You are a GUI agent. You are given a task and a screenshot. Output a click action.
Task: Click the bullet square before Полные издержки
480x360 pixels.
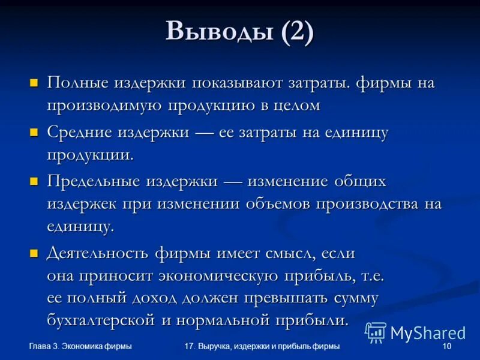34,83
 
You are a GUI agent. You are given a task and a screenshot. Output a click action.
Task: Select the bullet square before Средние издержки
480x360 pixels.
34,132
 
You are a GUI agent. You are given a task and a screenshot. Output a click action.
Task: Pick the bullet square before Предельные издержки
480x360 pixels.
34,181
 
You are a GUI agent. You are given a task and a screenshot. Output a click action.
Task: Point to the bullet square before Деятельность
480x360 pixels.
34,253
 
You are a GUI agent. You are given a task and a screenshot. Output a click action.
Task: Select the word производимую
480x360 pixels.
104,105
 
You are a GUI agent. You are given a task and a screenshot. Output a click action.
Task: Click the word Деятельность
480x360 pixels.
97,253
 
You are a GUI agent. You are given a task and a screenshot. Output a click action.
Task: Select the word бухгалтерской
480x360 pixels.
101,320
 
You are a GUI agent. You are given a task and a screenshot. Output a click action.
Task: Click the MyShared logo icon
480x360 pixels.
376,332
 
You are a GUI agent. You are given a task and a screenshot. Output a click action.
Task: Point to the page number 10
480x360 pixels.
446,347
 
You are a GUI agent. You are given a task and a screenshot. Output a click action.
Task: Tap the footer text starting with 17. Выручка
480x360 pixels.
262,347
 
